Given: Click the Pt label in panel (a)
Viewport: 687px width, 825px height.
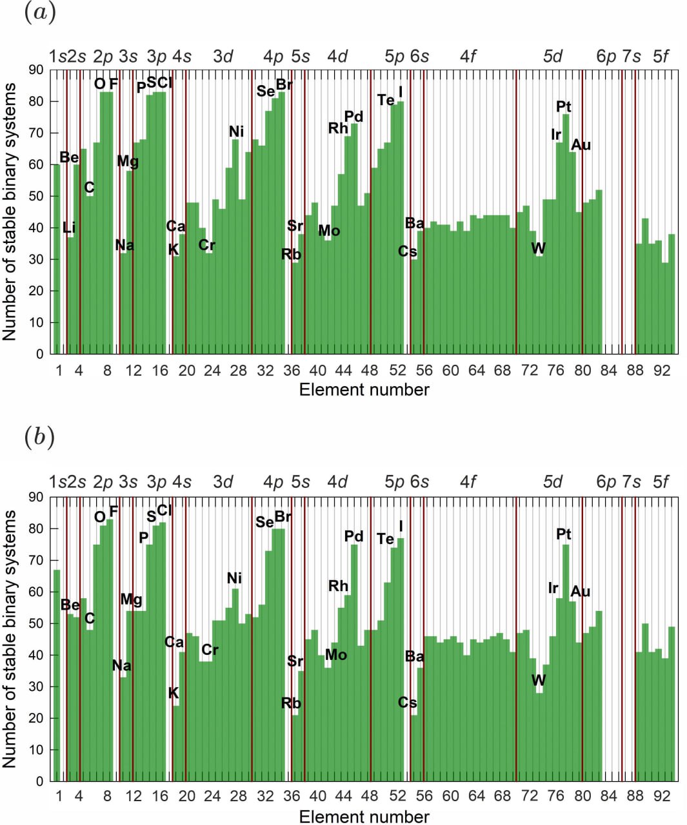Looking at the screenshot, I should (563, 106).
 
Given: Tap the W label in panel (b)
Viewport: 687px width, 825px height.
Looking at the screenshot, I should (538, 680).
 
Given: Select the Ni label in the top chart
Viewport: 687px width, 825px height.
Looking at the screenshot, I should (236, 132).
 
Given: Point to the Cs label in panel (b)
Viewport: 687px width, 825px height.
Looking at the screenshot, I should (407, 703).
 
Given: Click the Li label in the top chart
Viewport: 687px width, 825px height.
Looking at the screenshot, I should (69, 228).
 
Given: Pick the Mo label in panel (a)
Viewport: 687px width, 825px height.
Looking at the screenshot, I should (329, 231).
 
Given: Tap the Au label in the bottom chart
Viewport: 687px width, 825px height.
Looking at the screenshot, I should (581, 591).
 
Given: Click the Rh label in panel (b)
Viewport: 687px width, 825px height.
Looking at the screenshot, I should (338, 586).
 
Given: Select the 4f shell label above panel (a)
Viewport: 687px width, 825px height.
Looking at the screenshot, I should (468, 57).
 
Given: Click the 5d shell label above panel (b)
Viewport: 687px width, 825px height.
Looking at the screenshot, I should (553, 482).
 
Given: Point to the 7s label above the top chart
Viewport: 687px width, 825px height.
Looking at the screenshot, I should (632, 57).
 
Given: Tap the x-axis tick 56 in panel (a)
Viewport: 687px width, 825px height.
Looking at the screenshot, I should (424, 371).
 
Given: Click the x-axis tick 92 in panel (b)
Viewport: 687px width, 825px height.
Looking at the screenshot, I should (662, 797).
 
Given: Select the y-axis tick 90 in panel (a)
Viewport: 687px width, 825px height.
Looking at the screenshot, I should (36, 70).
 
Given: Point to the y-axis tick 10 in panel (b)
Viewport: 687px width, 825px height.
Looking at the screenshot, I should (36, 750).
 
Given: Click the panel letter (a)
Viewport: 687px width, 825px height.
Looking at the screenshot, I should (39, 13).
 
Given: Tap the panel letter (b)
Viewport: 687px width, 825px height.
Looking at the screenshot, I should (39, 438).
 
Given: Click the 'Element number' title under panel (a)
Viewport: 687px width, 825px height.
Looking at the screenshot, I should (364, 390).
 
